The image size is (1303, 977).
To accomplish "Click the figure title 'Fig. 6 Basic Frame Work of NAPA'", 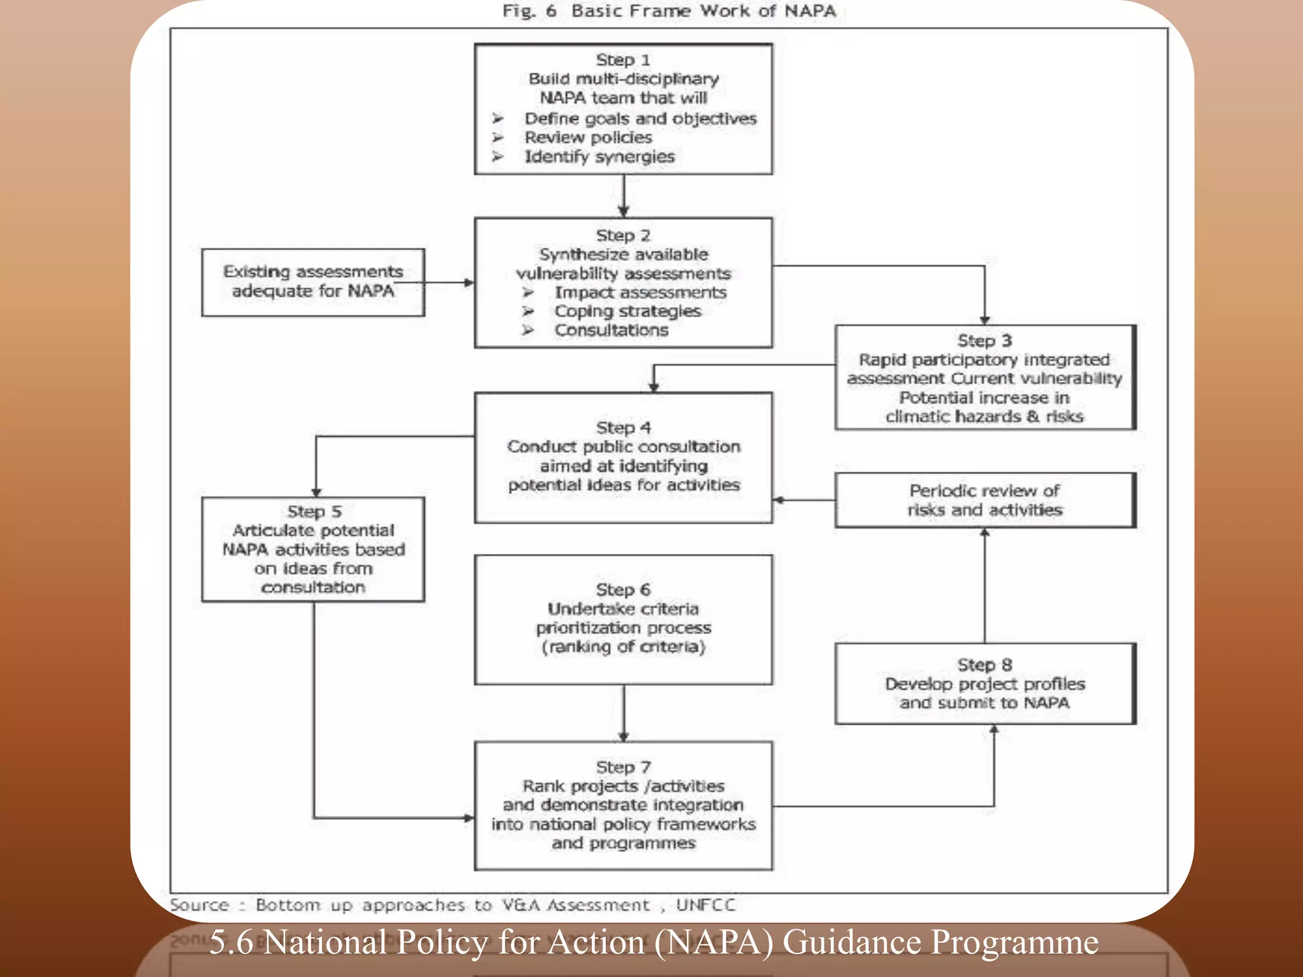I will click(x=669, y=11).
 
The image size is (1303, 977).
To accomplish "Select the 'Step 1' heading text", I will click(x=623, y=60).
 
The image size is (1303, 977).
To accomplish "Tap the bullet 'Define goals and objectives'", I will click(x=640, y=118).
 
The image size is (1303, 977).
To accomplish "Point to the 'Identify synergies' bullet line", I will click(x=599, y=156).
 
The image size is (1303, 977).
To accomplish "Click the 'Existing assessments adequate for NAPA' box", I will click(x=313, y=282).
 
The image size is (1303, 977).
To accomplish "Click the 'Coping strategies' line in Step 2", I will click(x=627, y=311).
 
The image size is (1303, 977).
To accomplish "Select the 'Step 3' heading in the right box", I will click(x=984, y=341).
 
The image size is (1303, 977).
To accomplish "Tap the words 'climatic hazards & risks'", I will click(x=984, y=417).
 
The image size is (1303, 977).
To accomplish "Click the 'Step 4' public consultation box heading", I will click(x=623, y=427).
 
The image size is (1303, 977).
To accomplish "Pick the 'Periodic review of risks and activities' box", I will click(x=984, y=500).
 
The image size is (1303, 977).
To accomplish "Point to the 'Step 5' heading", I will click(x=314, y=511).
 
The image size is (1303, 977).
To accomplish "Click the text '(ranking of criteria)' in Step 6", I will click(x=623, y=647).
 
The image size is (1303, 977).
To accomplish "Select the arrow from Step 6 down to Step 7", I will click(x=624, y=713).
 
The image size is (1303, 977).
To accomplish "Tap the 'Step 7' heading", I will click(x=623, y=767).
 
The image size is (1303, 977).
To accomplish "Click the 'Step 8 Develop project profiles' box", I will click(x=984, y=684).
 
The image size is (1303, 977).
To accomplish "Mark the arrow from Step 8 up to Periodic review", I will click(x=985, y=585).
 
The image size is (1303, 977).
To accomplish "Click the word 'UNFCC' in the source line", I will click(x=705, y=905).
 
